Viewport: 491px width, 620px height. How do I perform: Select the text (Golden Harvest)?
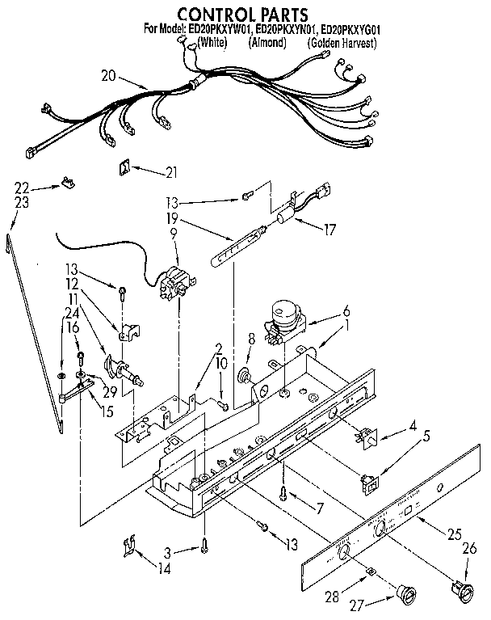click(x=342, y=43)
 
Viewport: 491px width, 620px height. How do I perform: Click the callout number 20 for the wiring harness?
click(x=110, y=76)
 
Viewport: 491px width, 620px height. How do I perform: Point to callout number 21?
click(x=170, y=171)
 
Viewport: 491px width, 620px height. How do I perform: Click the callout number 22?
click(x=22, y=188)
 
